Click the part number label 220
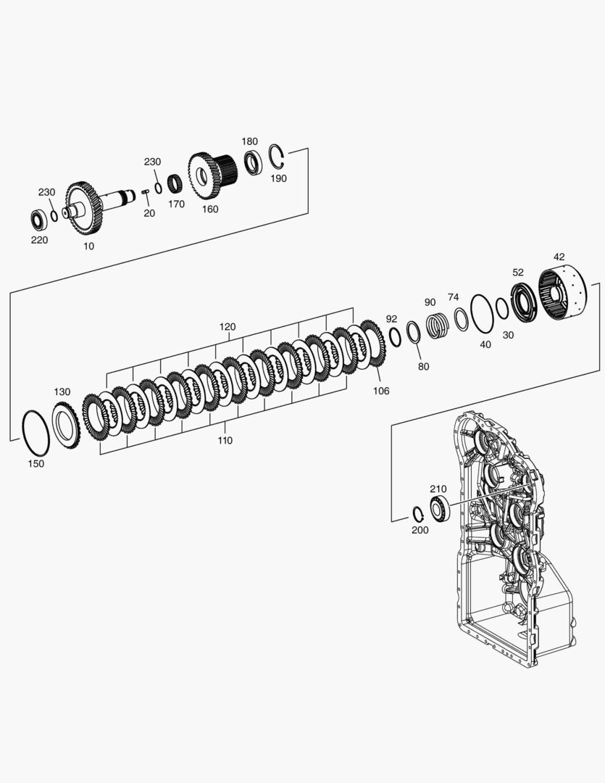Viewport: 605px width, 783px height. click(39, 240)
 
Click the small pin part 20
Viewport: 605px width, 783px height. click(146, 191)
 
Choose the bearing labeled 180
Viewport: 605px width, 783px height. click(253, 162)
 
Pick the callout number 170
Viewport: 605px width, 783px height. click(176, 204)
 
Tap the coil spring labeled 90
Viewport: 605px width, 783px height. click(438, 324)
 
